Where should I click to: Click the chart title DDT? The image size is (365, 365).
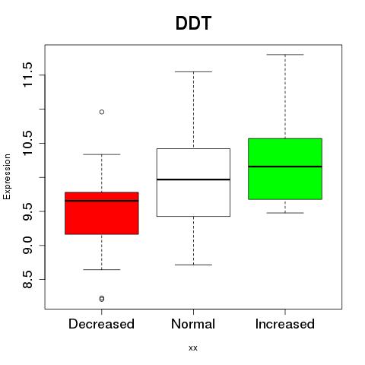(193, 23)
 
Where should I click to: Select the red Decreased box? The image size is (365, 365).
(102, 213)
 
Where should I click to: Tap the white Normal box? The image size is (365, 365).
(193, 182)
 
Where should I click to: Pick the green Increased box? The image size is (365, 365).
(285, 169)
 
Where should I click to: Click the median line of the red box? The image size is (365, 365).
(102, 201)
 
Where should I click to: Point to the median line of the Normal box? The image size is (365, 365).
(193, 179)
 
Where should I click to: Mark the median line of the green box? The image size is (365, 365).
(285, 167)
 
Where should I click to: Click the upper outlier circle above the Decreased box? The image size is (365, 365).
(102, 112)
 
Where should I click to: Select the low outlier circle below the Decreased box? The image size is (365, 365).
(102, 299)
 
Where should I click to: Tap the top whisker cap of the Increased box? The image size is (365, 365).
(285, 55)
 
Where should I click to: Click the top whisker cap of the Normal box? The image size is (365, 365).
(193, 72)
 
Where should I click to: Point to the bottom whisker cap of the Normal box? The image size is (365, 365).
(193, 265)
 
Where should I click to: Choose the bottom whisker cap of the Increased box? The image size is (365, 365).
(285, 213)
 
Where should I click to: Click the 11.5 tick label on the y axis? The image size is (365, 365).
(27, 75)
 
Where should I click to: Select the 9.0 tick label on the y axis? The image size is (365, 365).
(27, 246)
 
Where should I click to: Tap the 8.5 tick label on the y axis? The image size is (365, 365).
(27, 279)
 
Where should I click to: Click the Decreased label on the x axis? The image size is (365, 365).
(101, 324)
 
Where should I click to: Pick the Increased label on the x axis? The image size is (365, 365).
(285, 324)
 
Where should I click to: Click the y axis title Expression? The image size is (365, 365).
(7, 176)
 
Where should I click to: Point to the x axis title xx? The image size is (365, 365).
(193, 348)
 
